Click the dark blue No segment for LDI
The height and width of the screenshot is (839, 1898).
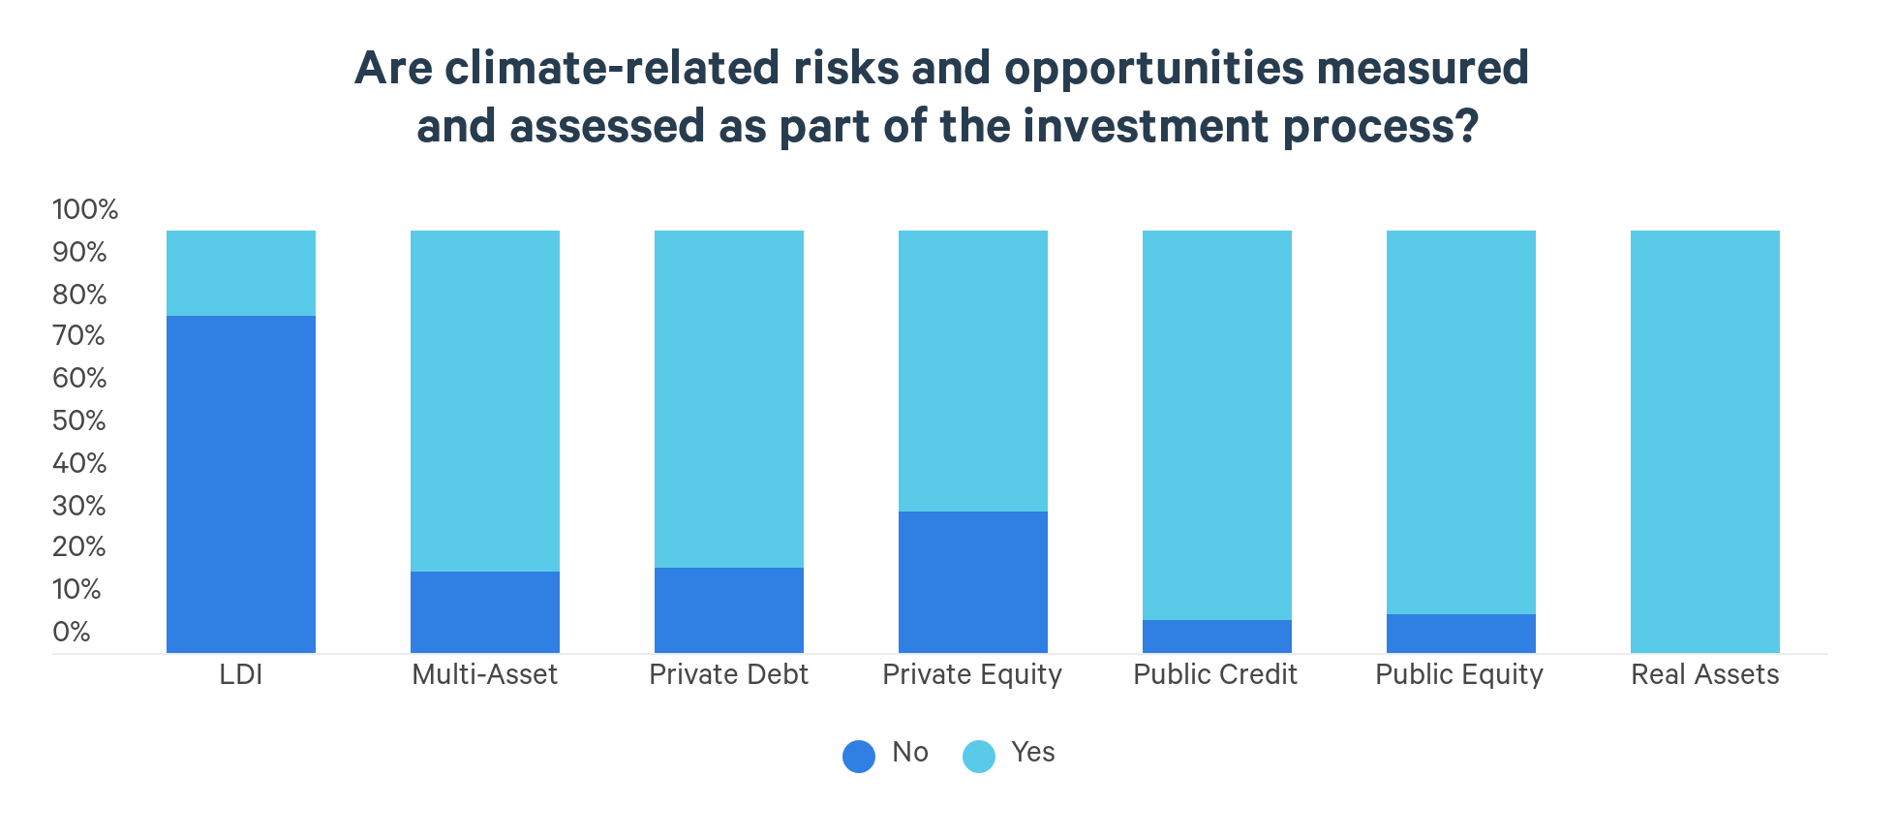click(241, 484)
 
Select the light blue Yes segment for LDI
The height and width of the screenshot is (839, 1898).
click(241, 273)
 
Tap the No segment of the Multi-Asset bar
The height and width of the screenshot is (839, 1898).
click(485, 612)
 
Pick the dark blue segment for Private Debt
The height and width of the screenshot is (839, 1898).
click(729, 610)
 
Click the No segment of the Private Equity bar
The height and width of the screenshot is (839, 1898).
click(973, 582)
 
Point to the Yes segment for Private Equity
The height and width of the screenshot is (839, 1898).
click(973, 371)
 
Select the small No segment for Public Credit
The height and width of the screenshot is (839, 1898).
click(1217, 637)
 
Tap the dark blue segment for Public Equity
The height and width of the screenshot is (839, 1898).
click(1461, 634)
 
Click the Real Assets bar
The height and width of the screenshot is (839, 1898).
click(1705, 442)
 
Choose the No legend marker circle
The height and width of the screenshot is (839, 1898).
click(859, 756)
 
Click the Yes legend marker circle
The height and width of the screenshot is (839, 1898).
click(979, 756)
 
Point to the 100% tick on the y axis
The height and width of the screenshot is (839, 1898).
click(85, 209)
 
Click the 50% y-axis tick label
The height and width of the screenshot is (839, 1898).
click(79, 420)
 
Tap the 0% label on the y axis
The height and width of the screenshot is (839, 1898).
click(72, 632)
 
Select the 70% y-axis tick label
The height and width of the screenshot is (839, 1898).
click(79, 336)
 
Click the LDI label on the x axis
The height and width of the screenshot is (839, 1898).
click(241, 674)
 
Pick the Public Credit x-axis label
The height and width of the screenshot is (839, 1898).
click(1215, 674)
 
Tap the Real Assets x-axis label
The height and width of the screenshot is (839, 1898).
click(1705, 674)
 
